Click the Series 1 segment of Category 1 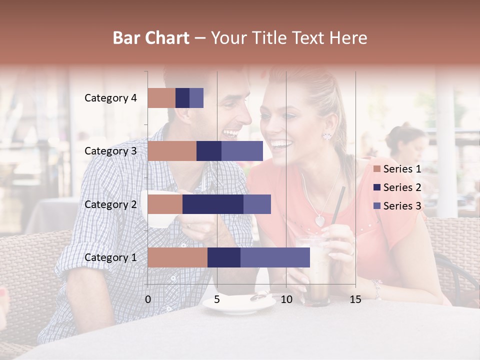click(177, 257)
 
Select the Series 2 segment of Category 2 click(213, 204)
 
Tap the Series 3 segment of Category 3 click(242, 151)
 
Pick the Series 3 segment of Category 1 click(275, 257)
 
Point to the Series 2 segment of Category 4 click(182, 98)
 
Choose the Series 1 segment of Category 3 click(172, 151)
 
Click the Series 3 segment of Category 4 click(196, 98)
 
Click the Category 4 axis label click(110, 98)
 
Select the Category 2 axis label click(110, 204)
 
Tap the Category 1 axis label click(110, 257)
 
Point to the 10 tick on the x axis click(286, 299)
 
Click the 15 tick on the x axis click(355, 299)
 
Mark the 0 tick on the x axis click(148, 299)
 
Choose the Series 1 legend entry click(397, 169)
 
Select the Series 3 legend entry click(397, 206)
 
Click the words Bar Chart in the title click(151, 38)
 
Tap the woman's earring click(328, 134)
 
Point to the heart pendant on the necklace click(319, 220)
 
